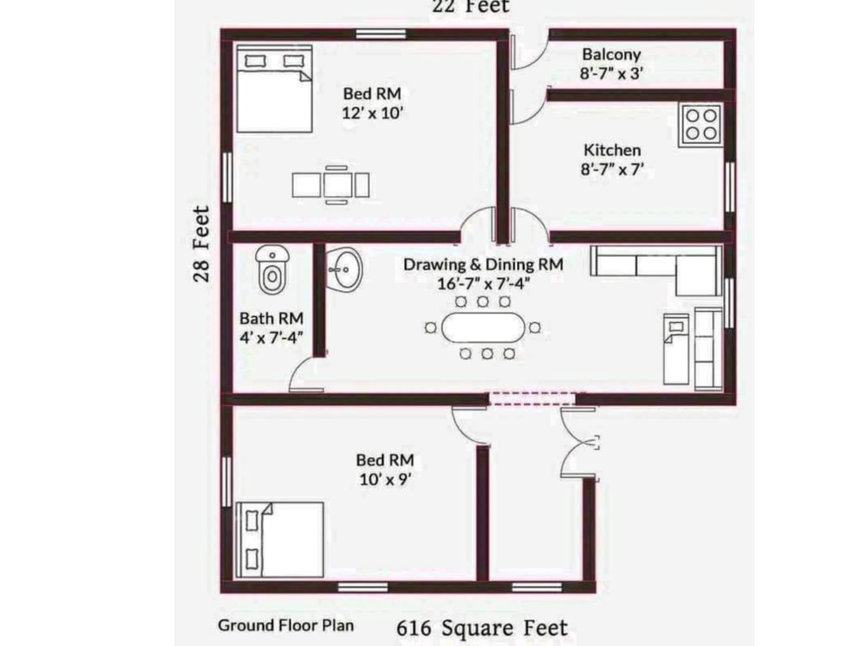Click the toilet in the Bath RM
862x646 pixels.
[x=272, y=270]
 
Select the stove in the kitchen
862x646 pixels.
[x=700, y=124]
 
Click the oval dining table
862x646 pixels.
[x=482, y=327]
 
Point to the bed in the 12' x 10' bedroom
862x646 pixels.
[x=274, y=89]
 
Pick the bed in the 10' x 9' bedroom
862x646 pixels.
[x=279, y=539]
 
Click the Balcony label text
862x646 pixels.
[x=611, y=55]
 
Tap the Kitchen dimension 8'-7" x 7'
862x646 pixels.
[x=612, y=170]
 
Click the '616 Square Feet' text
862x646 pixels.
[x=482, y=628]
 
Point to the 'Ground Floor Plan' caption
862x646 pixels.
[x=285, y=625]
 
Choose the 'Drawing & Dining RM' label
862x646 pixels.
[x=484, y=265]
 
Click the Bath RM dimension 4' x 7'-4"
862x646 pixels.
[x=271, y=339]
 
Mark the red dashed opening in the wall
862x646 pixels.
[x=532, y=399]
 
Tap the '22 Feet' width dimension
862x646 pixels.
[x=471, y=6]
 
